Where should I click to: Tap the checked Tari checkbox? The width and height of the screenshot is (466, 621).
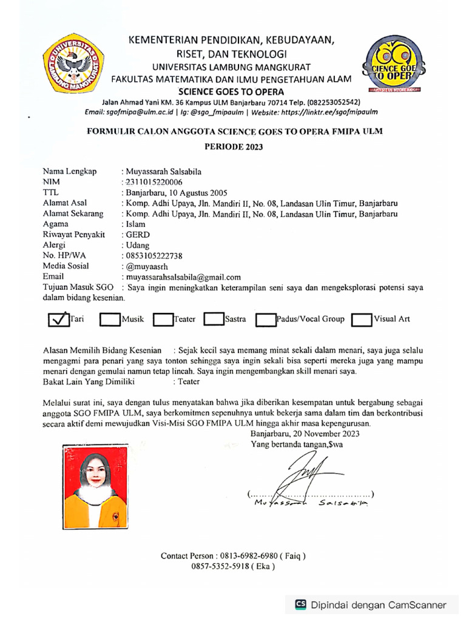pyautogui.click(x=58, y=320)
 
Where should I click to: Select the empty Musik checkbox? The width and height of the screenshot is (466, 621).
pyautogui.click(x=110, y=320)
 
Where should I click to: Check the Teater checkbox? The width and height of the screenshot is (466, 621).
pyautogui.click(x=163, y=320)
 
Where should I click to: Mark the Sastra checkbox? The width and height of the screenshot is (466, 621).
pyautogui.click(x=214, y=320)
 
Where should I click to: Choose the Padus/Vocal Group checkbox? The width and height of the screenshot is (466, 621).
pyautogui.click(x=266, y=320)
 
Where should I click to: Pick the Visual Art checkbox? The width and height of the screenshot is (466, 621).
pyautogui.click(x=362, y=320)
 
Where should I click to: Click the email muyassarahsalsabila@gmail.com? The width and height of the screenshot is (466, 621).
pyautogui.click(x=182, y=277)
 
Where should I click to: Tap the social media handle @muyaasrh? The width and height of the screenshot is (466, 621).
pyautogui.click(x=144, y=266)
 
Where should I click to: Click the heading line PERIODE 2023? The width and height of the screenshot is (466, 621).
pyautogui.click(x=234, y=147)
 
